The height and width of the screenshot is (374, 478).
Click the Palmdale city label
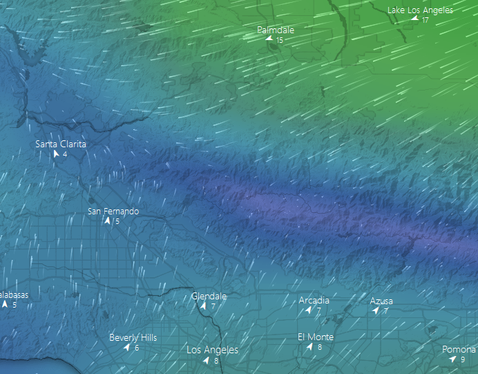click(x=276, y=30)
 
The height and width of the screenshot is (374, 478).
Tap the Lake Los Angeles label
click(x=420, y=10)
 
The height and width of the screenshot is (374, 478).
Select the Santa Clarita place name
click(x=61, y=144)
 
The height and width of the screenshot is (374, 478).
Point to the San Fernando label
click(x=113, y=212)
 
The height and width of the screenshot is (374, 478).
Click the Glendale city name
click(x=209, y=297)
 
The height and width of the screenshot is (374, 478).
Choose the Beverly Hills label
click(x=133, y=338)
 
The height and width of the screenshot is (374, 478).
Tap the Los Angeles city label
click(x=212, y=350)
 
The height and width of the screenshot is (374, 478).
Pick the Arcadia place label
click(x=314, y=301)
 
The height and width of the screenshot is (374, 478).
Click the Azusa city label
click(x=381, y=301)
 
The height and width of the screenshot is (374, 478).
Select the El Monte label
click(x=316, y=337)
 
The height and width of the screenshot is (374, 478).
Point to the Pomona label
click(x=459, y=350)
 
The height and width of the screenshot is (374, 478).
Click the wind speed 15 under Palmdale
click(x=280, y=41)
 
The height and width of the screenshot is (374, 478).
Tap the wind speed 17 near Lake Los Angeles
click(x=426, y=20)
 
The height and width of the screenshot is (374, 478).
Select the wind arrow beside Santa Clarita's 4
click(x=56, y=154)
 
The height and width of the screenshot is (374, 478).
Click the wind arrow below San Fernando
click(x=107, y=221)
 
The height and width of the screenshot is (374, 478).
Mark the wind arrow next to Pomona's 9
click(x=452, y=359)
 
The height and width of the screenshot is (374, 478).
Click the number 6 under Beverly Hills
click(x=137, y=348)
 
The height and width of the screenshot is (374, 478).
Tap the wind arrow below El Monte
click(x=309, y=347)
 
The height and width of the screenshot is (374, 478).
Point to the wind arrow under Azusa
click(x=376, y=311)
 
